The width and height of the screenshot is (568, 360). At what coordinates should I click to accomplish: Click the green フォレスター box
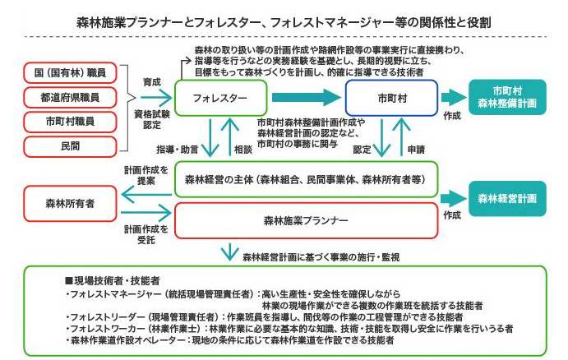point(221,98)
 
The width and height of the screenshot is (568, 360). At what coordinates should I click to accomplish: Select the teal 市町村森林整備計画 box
point(507,97)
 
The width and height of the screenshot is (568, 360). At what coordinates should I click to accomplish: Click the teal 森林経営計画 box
point(507,199)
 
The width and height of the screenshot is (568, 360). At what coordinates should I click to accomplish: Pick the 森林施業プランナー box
point(306,220)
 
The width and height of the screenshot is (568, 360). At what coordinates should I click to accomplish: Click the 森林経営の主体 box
point(306,178)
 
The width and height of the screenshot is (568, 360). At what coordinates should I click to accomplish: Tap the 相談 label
point(242,150)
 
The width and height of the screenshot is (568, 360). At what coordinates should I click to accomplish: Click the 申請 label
point(415,150)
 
